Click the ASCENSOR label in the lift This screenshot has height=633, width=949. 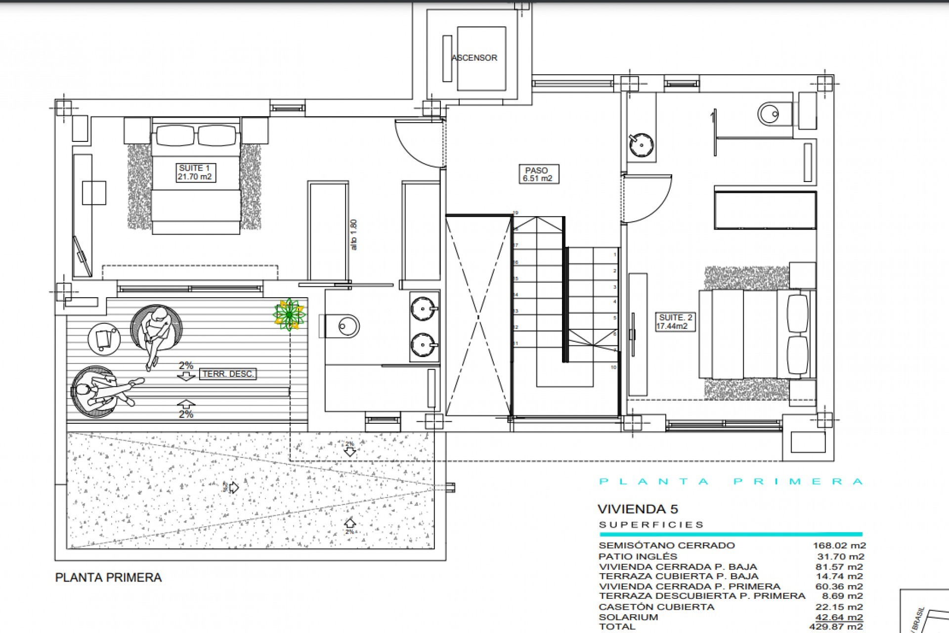coord(474,58)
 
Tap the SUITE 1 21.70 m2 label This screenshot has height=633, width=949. coord(195,173)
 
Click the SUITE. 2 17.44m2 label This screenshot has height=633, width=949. coord(675,322)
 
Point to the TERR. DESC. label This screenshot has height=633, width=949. coord(228,374)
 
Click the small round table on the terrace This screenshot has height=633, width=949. coord(104,339)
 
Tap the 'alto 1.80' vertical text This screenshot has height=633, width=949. coord(353,234)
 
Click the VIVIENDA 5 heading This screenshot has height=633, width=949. coord(638,509)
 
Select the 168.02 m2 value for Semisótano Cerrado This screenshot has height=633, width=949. coord(839,545)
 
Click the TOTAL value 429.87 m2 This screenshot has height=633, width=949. coord(839,627)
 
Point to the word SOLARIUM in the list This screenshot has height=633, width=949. coord(628,617)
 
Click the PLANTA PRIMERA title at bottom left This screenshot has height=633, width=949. coord(108,577)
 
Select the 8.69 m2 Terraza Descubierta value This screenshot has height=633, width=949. coord(843,596)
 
